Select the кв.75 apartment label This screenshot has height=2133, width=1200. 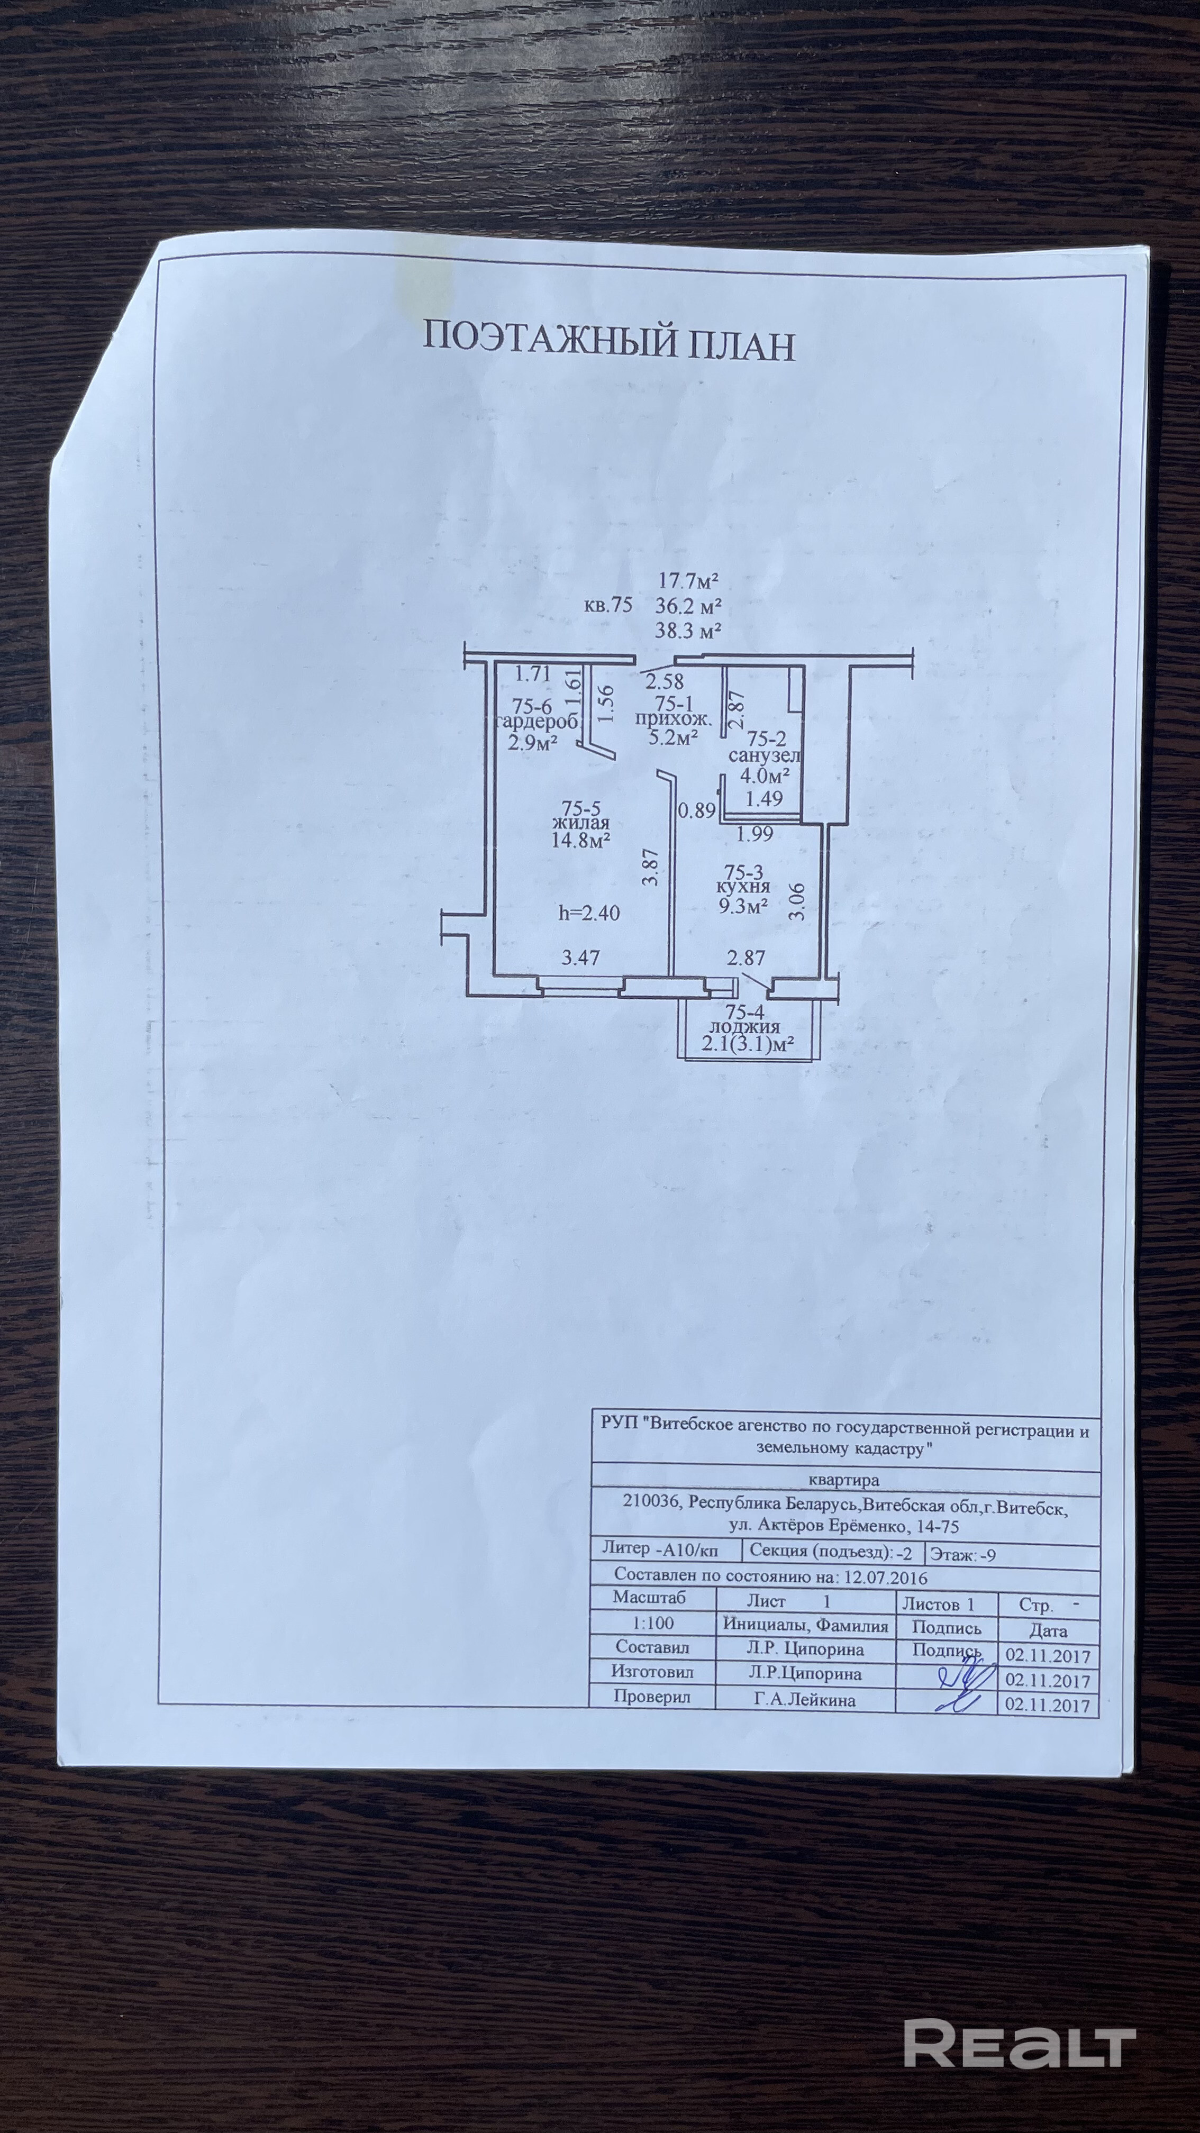608,605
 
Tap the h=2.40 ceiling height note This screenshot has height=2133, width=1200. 589,913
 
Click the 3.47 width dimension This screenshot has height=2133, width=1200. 580,958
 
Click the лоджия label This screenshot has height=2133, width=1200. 744,1027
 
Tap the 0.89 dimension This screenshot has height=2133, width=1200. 696,810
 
